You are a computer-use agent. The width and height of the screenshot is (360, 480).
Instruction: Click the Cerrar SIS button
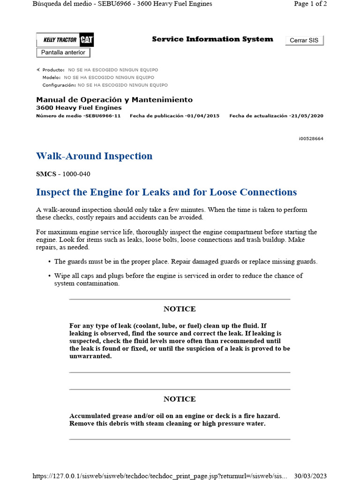point(304,40)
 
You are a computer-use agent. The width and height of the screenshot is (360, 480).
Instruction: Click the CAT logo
point(87,40)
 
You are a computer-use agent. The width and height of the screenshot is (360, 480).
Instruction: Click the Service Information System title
point(212,39)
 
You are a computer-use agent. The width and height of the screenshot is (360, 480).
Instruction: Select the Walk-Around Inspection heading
point(94,156)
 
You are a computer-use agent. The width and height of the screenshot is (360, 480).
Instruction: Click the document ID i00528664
point(310,139)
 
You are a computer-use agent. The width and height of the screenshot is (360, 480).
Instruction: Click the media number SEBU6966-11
point(103,116)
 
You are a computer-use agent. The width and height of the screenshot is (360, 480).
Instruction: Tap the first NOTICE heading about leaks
point(180,309)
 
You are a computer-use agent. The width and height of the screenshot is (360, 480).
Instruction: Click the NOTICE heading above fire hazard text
point(180,399)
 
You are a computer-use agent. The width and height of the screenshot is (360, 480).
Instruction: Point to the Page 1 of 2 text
point(310,4)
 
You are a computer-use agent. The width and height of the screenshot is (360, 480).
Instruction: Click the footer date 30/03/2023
point(310,476)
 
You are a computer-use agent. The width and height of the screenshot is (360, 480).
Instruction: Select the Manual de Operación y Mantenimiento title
point(114,100)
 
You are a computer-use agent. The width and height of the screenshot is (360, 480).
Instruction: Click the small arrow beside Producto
point(38,69)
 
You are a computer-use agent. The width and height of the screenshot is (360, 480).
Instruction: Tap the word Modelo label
point(52,77)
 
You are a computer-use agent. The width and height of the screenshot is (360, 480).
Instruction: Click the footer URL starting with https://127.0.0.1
point(160,476)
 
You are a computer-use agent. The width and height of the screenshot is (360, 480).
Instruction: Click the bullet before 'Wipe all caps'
point(50,276)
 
